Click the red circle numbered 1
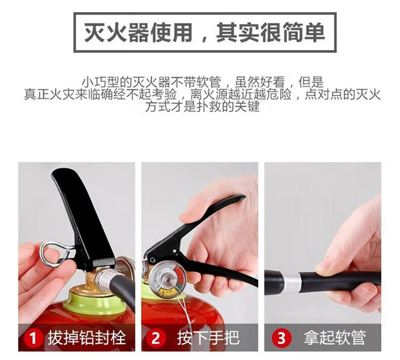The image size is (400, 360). click(x=33, y=338)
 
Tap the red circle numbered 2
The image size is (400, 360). click(x=156, y=338)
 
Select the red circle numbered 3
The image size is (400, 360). click(x=281, y=338)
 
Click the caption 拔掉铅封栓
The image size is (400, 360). click(x=87, y=338)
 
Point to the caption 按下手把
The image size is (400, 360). click(x=209, y=338)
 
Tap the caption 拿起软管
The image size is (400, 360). click(x=335, y=338)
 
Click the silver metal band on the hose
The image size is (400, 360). click(x=292, y=283)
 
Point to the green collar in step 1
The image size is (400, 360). click(x=97, y=302)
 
